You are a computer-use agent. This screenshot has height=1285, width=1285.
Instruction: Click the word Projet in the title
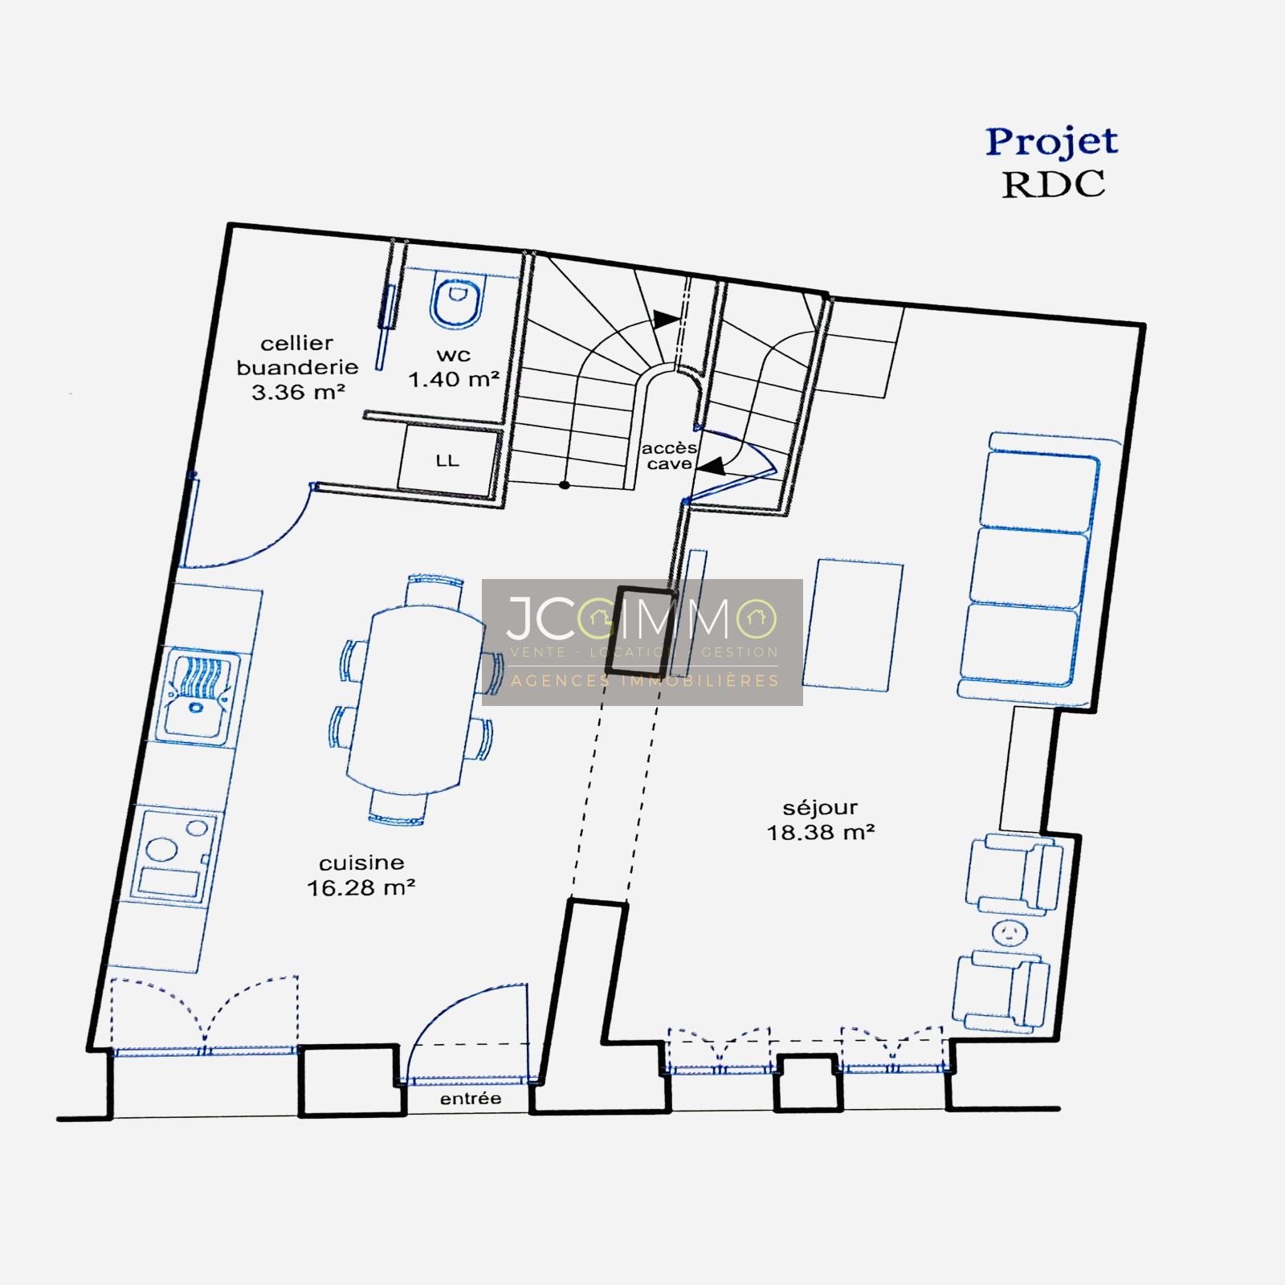click(x=1051, y=143)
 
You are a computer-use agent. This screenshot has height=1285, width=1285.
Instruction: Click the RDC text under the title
click(x=1053, y=185)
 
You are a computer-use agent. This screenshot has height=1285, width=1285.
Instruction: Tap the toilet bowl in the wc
click(x=458, y=300)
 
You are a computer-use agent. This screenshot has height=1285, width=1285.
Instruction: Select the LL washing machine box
click(x=447, y=461)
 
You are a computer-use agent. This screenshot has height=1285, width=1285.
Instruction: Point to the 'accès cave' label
click(x=668, y=455)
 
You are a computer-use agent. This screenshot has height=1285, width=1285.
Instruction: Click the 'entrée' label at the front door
click(x=471, y=1099)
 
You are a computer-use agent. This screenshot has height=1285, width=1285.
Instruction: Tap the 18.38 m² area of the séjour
click(x=820, y=832)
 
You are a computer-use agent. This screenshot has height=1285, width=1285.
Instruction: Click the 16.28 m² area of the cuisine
click(x=361, y=887)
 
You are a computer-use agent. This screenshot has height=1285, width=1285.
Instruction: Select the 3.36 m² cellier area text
click(x=298, y=392)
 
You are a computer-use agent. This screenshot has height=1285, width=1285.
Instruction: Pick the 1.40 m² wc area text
click(x=454, y=379)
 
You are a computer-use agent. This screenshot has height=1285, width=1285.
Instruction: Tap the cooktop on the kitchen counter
click(x=173, y=855)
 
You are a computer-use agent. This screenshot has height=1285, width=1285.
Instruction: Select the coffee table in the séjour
click(x=853, y=625)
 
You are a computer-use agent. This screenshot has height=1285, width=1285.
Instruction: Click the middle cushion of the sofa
click(x=1028, y=567)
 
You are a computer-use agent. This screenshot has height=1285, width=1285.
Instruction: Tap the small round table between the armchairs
click(x=1010, y=932)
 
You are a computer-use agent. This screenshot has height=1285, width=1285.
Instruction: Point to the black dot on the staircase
click(x=565, y=485)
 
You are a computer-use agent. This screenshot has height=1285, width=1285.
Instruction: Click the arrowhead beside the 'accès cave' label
click(x=712, y=466)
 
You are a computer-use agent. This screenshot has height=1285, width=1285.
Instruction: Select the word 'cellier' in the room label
click(x=296, y=343)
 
